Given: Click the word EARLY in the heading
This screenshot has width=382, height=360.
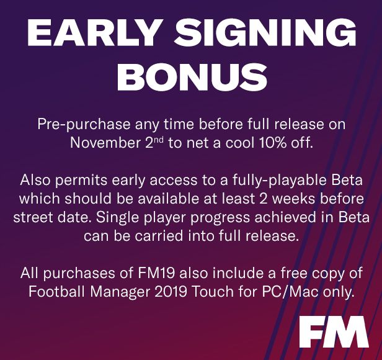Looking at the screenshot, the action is coord(93,32).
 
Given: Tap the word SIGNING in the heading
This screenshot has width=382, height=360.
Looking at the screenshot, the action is coord(265,32).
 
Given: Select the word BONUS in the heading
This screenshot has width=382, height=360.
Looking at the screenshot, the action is coord(192,76).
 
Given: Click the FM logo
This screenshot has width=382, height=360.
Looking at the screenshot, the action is coord(334,331).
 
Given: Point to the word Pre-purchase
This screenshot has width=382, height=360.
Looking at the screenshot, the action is coord(84,124).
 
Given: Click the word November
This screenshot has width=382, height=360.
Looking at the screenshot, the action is coord(106,142).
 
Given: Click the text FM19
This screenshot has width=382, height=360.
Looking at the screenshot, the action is coord(156,273).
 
